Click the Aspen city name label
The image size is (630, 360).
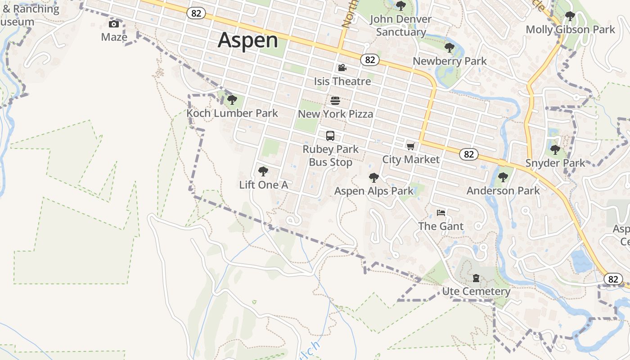point(248,40)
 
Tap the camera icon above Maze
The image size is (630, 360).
point(114,24)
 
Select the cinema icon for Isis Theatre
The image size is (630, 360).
point(342,68)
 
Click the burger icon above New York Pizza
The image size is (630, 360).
point(335,100)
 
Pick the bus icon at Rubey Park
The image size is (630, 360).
point(330,135)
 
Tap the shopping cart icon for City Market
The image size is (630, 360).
point(410,146)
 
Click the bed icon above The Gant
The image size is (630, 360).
point(441,212)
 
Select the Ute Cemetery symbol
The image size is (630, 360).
point(476,278)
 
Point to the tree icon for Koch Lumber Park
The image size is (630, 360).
point(232,99)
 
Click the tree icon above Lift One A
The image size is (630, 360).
point(263,171)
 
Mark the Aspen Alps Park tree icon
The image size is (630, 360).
point(373,177)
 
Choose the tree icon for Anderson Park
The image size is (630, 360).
point(503,177)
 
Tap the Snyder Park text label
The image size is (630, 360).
point(555,163)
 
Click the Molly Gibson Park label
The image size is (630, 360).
point(570,30)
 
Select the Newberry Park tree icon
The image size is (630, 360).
point(449,47)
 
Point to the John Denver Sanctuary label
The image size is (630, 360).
point(400,26)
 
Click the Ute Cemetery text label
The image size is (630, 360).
point(476,292)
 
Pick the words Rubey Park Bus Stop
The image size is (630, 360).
point(330,156)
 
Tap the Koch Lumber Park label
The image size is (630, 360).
point(232,113)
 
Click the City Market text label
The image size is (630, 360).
point(410,159)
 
